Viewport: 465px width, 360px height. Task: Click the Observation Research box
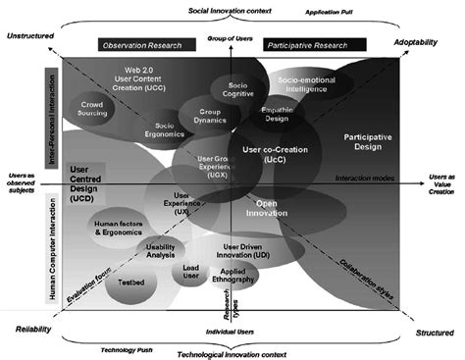(142, 46)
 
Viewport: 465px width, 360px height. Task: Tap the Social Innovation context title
(232, 9)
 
